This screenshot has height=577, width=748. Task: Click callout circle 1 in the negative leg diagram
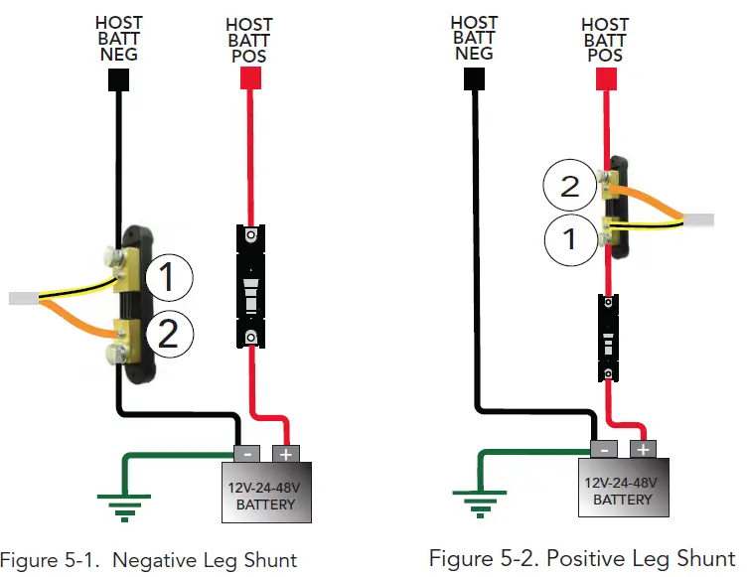(168, 278)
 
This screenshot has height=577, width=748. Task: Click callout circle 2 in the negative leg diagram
(168, 334)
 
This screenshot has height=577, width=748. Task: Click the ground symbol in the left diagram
(123, 506)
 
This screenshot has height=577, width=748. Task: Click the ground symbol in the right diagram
(480, 503)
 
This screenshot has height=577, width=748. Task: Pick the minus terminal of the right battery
(602, 449)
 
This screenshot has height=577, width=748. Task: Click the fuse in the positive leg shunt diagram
(608, 338)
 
